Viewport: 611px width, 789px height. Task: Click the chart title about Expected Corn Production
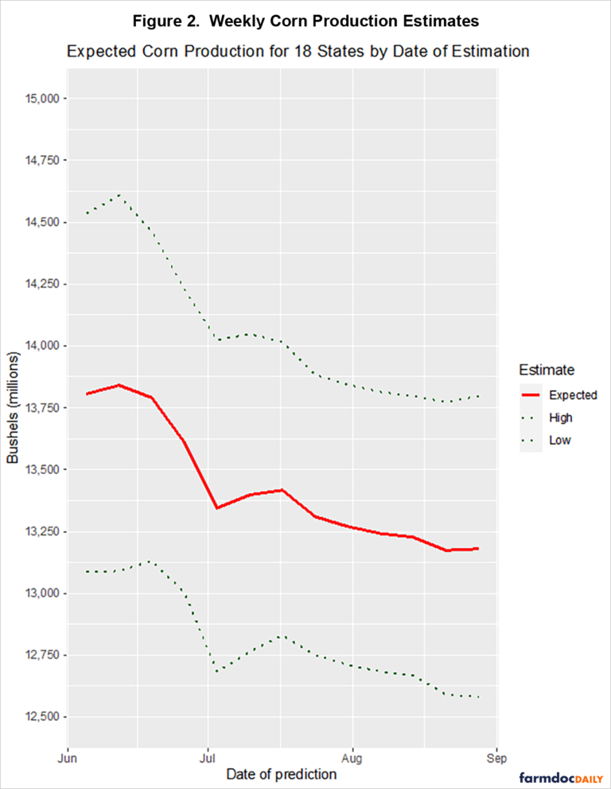click(x=298, y=52)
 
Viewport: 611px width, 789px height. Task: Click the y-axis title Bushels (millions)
click(x=14, y=408)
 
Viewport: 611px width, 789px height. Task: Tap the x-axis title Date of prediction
click(x=281, y=774)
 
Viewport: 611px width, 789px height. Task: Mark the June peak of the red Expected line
click(x=119, y=385)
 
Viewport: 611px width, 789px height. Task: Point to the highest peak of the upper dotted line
click(x=119, y=195)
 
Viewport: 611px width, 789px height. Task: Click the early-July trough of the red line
click(x=217, y=507)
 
